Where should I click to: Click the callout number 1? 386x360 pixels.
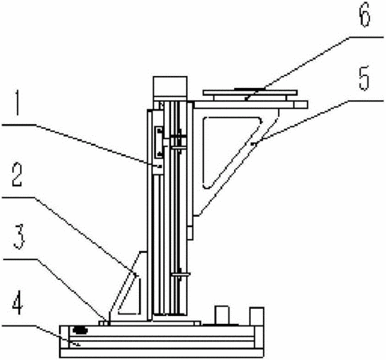(18, 103)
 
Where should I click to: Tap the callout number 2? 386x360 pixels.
(17, 174)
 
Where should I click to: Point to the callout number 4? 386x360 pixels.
(18, 304)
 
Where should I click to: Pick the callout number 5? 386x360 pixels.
(364, 78)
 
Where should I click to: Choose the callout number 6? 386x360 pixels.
(364, 14)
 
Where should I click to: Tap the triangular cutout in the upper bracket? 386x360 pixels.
(226, 150)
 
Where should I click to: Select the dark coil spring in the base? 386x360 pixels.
(80, 330)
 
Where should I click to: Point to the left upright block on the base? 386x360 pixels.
(222, 315)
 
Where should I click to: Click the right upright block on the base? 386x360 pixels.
(257, 316)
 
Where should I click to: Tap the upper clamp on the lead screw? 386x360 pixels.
(179, 142)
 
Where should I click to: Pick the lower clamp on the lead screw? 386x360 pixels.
(180, 274)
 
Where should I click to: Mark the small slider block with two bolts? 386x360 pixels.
(159, 142)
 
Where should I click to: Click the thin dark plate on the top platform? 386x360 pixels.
(249, 89)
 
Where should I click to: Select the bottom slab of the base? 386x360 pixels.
(161, 353)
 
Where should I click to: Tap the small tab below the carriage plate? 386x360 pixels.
(189, 233)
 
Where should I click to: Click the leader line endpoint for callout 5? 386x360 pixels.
(254, 144)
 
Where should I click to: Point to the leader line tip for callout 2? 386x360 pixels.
(136, 274)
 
